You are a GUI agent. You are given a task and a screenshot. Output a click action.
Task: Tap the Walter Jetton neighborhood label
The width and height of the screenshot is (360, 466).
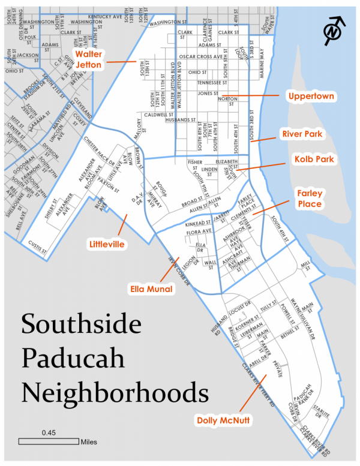click(x=88, y=59)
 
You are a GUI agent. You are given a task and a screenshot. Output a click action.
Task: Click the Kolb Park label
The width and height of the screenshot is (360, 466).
click(x=314, y=160)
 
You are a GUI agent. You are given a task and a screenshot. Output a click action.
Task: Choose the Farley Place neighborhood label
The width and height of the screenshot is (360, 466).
click(x=310, y=199)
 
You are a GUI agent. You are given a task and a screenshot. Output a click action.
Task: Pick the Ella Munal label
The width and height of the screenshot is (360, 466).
click(x=151, y=289)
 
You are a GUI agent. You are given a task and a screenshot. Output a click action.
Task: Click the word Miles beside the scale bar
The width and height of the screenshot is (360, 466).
click(x=88, y=442)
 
